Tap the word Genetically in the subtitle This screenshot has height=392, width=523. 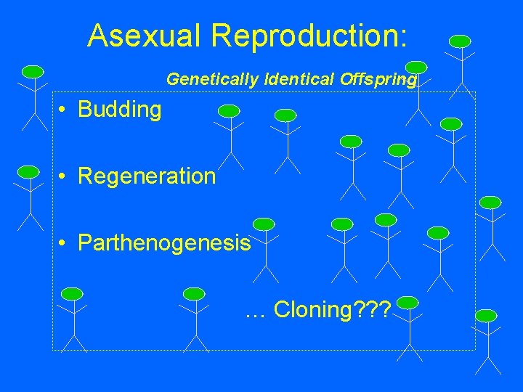click(x=211, y=79)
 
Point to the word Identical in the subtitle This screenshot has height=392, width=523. click(x=299, y=79)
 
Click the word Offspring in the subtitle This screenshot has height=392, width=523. click(x=378, y=79)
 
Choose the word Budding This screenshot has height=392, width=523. click(x=119, y=110)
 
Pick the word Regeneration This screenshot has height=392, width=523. click(x=146, y=176)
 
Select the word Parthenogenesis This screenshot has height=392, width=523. click(x=164, y=242)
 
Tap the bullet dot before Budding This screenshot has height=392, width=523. click(x=64, y=110)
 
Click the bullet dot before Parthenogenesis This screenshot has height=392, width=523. click(x=64, y=243)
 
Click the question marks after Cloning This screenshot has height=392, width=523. click(x=373, y=311)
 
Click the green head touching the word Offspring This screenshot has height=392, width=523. click(x=415, y=67)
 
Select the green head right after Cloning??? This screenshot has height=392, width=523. click(x=408, y=301)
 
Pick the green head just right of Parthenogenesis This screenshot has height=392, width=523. click(x=264, y=224)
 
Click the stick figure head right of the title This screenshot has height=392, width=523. click(x=460, y=41)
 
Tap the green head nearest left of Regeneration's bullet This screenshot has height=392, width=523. click(x=28, y=171)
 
